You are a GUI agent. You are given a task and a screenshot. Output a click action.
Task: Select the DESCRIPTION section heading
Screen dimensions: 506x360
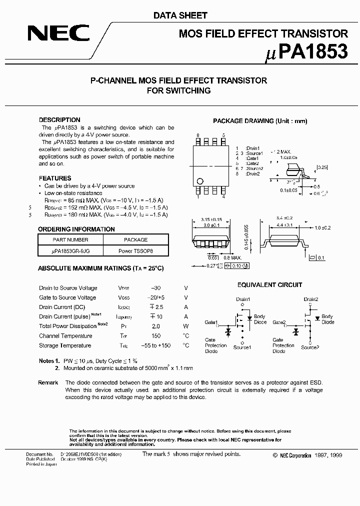click(59, 120)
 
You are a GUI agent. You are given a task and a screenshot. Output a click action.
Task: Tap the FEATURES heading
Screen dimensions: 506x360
click(55, 178)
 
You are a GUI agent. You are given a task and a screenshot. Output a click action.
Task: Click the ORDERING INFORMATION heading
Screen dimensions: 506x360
click(76, 229)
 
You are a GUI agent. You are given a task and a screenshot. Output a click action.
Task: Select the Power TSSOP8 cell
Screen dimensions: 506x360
click(136, 251)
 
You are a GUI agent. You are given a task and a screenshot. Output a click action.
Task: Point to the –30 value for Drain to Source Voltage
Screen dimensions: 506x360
click(155, 288)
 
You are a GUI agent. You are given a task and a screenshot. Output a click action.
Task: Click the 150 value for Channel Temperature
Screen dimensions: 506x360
click(155, 336)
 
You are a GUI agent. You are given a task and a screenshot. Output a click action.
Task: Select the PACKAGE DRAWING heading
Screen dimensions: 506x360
click(260, 121)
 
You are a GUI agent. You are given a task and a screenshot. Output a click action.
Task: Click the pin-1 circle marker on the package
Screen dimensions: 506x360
click(200, 181)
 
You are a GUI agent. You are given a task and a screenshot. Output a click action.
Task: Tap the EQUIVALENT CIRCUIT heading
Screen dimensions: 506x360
click(269, 285)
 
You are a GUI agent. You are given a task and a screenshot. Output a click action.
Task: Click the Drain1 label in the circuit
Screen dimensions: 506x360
click(242, 299)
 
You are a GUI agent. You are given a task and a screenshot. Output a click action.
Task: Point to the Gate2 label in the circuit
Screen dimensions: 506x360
click(279, 322)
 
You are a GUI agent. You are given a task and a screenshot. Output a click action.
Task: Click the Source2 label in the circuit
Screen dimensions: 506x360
click(310, 347)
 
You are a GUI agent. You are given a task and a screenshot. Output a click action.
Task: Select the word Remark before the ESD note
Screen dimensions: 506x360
click(48, 382)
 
